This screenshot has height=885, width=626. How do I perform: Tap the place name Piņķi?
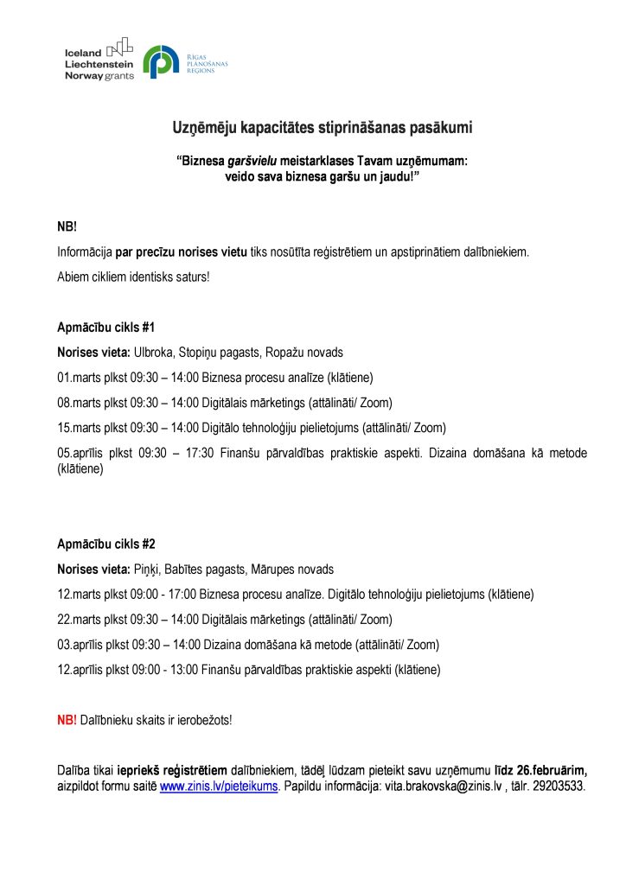click(x=146, y=570)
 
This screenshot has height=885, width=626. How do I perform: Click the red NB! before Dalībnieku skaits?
click(x=67, y=719)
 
